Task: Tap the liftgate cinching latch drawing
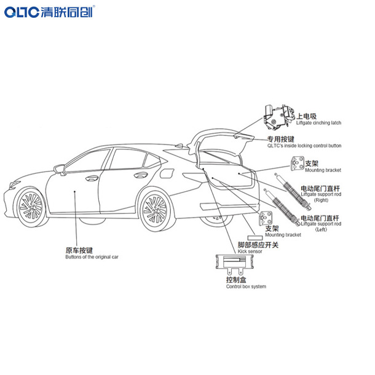[275, 116]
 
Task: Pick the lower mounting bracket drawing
[267, 218]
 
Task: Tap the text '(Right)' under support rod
[320, 200]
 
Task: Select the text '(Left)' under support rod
[320, 230]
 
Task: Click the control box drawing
[234, 266]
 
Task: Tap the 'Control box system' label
[246, 286]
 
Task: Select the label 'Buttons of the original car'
[92, 257]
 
